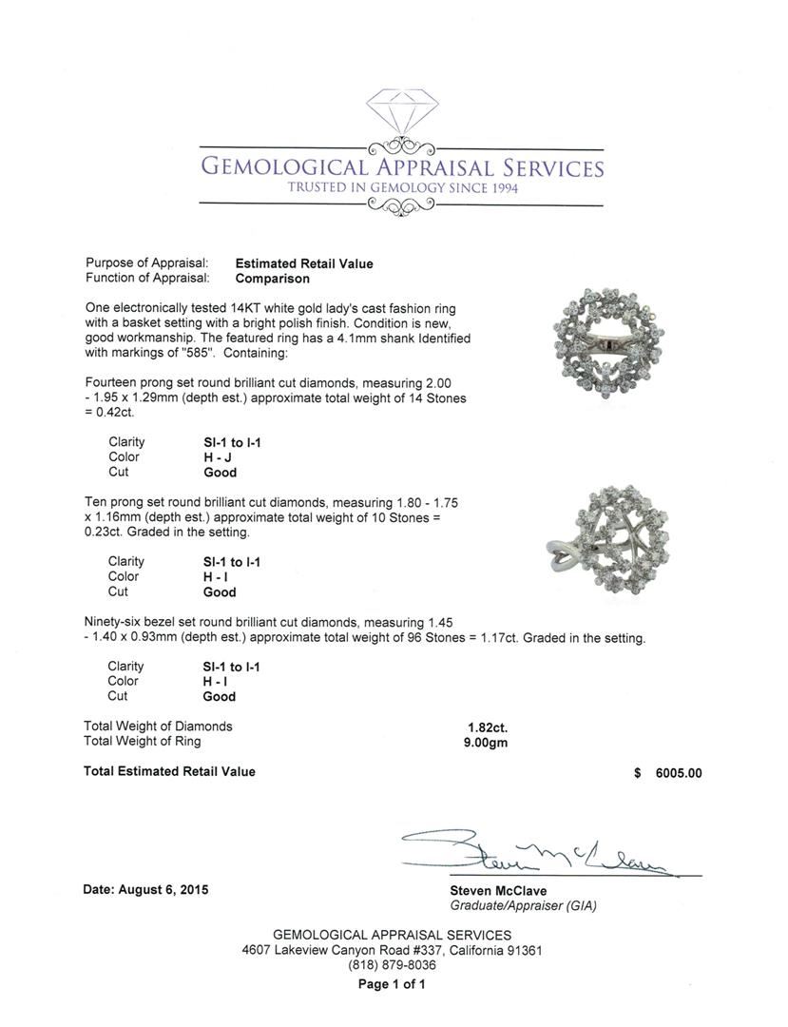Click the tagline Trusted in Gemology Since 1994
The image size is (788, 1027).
tap(402, 188)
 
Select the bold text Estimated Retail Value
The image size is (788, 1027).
tap(304, 263)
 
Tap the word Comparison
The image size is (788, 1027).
tap(272, 279)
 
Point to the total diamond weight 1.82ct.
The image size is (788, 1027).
tap(480, 727)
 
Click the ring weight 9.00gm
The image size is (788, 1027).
tap(480, 742)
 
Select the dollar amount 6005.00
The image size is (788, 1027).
tap(679, 773)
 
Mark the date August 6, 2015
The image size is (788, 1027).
tap(146, 890)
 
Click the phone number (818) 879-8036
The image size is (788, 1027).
tap(392, 965)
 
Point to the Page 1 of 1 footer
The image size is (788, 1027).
tap(392, 984)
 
